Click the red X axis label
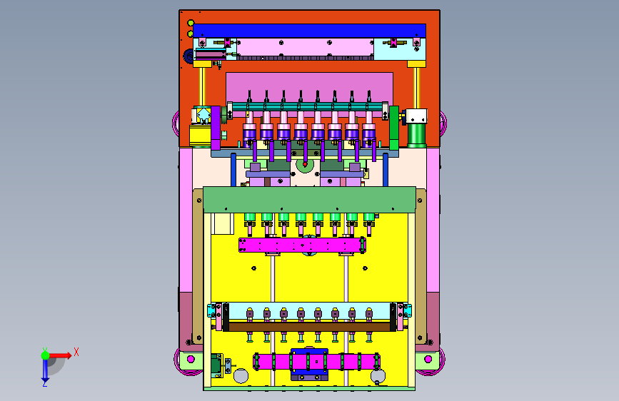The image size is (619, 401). click(x=76, y=352)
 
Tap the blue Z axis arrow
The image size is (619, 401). click(x=45, y=369)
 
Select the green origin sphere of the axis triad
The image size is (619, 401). click(x=46, y=355)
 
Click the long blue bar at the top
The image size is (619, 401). click(x=310, y=31)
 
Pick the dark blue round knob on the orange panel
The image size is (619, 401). click(x=188, y=56)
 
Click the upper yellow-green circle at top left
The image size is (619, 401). click(x=191, y=23)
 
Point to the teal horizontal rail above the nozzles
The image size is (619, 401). click(x=308, y=106)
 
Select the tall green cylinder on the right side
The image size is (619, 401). click(x=417, y=135)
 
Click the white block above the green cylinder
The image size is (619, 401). click(x=416, y=116)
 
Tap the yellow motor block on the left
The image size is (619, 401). click(x=200, y=136)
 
